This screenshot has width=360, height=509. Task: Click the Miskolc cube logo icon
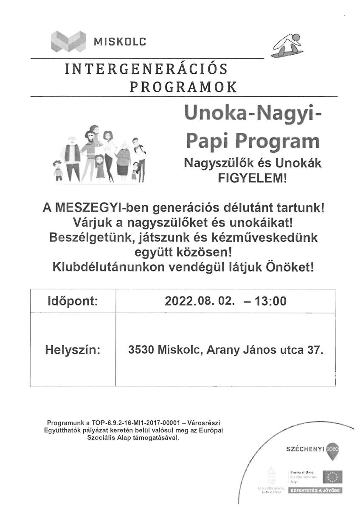pos(67,41)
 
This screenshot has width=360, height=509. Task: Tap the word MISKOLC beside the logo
pos(119,42)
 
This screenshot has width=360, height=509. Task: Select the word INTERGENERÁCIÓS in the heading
pos(146,69)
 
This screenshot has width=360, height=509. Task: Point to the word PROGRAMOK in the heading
pos(183,87)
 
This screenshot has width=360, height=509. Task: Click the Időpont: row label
pos(72,302)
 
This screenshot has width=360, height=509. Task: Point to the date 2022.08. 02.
pos(199,302)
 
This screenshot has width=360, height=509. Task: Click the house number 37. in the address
pos(314,351)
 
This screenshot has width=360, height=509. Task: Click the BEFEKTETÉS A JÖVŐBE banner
pos(315,491)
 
